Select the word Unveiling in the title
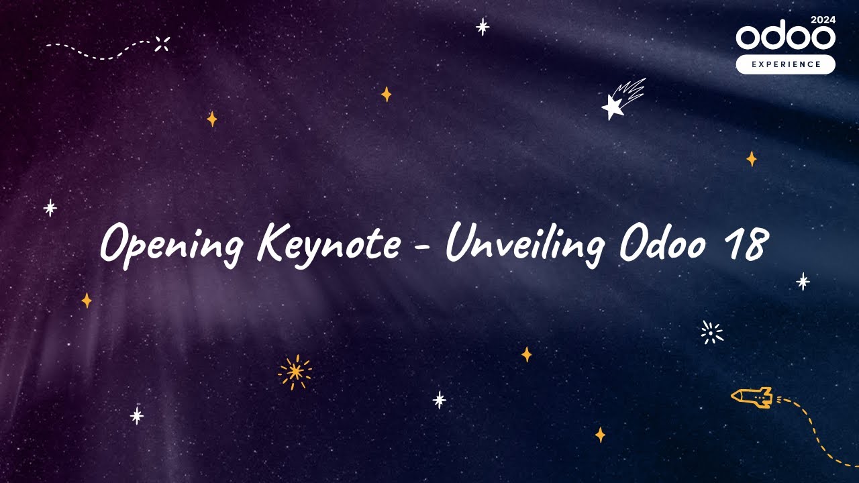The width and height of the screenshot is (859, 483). click(x=524, y=243)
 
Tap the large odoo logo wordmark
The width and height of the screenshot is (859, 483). click(x=785, y=38)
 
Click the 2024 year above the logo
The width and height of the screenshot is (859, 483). click(x=823, y=19)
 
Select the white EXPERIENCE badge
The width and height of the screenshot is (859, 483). click(x=785, y=64)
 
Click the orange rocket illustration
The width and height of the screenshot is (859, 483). click(x=752, y=397)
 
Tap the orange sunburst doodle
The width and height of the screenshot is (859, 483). click(x=295, y=372)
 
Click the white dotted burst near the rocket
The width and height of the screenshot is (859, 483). click(x=711, y=333)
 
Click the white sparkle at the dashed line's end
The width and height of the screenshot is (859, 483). click(x=162, y=44)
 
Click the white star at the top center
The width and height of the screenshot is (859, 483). click(x=483, y=27)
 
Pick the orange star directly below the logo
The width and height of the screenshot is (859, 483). click(x=752, y=159)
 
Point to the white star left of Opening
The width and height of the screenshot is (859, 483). click(x=50, y=208)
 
